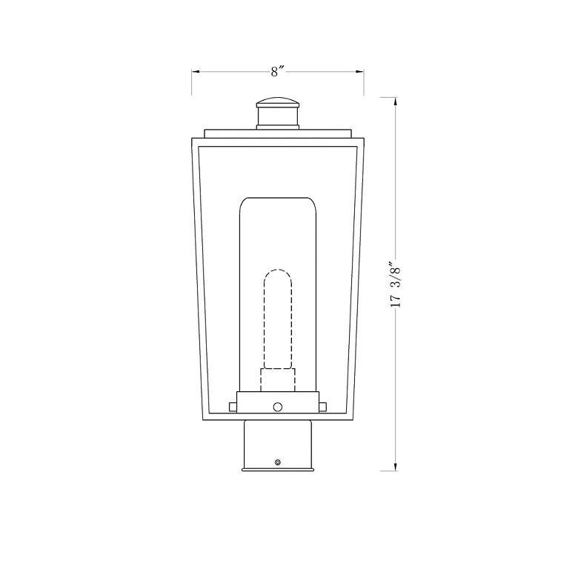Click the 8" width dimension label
coord(278,72)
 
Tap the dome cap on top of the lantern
coord(278,102)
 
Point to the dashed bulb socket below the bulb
coord(278,379)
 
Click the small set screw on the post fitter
coord(278,462)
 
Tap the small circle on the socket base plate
coord(278,405)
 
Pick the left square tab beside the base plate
coord(233,405)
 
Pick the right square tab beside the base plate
coord(323,405)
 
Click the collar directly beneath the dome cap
coord(278,118)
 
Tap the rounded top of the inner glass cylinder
coord(278,202)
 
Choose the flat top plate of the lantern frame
coord(278,133)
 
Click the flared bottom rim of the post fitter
coord(278,469)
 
